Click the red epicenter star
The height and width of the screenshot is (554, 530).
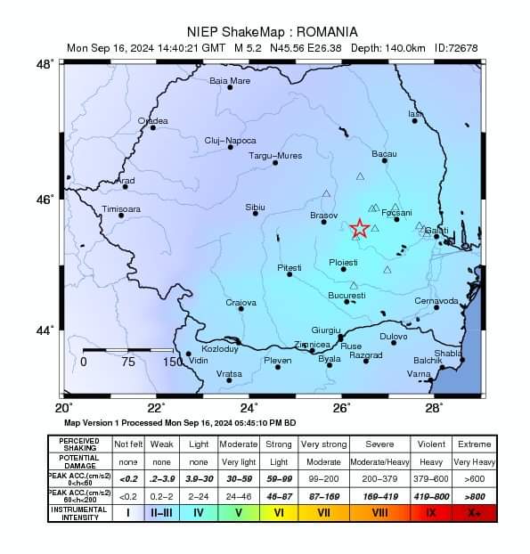(x=359, y=229)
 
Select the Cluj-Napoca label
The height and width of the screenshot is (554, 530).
(x=230, y=141)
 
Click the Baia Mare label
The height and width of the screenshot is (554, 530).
(x=229, y=80)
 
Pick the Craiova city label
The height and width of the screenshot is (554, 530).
(x=241, y=303)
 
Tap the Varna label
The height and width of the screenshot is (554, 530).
(x=419, y=373)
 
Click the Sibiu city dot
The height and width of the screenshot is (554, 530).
(x=256, y=213)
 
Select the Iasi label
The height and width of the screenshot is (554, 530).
(x=415, y=114)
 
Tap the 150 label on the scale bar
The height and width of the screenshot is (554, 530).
(x=174, y=363)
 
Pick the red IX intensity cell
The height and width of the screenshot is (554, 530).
(x=431, y=513)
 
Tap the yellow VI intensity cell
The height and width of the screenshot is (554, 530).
(x=279, y=513)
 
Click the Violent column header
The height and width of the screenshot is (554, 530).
(x=431, y=444)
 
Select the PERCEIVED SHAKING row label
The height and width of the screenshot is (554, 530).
(x=79, y=444)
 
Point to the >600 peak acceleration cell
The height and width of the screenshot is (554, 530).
(x=474, y=478)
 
